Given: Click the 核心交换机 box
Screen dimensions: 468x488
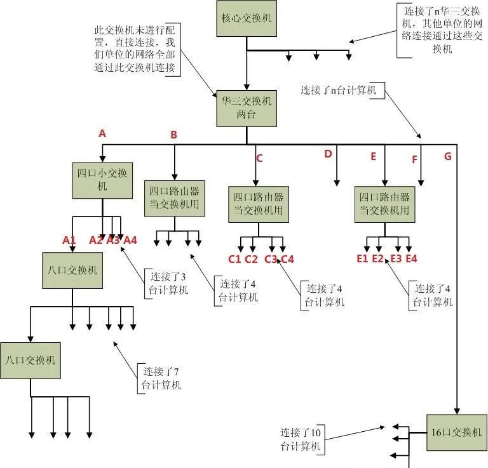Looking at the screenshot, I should (x=246, y=18).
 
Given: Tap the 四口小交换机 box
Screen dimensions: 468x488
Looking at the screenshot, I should (x=102, y=180).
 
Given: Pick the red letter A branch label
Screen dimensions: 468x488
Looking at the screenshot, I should (x=102, y=133).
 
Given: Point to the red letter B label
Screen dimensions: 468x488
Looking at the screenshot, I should (x=173, y=135).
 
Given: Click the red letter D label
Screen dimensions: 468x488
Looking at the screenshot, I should (x=328, y=154).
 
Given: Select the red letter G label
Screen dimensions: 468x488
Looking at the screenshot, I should (x=447, y=156).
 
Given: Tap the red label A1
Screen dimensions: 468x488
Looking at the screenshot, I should (x=69, y=240).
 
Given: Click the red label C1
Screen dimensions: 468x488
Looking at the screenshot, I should (x=234, y=258).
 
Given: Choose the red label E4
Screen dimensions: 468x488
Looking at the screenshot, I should (x=411, y=258).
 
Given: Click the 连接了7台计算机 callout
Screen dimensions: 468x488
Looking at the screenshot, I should (x=161, y=378).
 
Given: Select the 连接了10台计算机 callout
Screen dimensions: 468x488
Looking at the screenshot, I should (x=302, y=439).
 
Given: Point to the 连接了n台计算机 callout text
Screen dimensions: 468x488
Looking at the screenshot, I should (x=338, y=91).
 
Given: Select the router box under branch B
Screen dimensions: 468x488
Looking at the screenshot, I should (x=174, y=197).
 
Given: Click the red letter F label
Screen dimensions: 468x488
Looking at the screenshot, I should (x=414, y=160).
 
